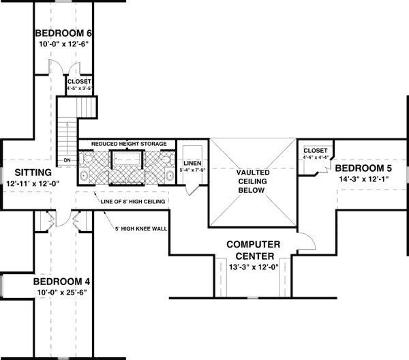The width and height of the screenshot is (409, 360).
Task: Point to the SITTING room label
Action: [x=28, y=172]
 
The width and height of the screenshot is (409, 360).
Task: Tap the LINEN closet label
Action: [x=191, y=164]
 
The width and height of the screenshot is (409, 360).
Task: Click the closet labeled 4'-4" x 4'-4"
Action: [x=315, y=153]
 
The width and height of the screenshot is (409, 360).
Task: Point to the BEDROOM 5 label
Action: [x=364, y=168]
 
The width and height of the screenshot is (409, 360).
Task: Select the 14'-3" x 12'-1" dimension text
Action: [x=364, y=180]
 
